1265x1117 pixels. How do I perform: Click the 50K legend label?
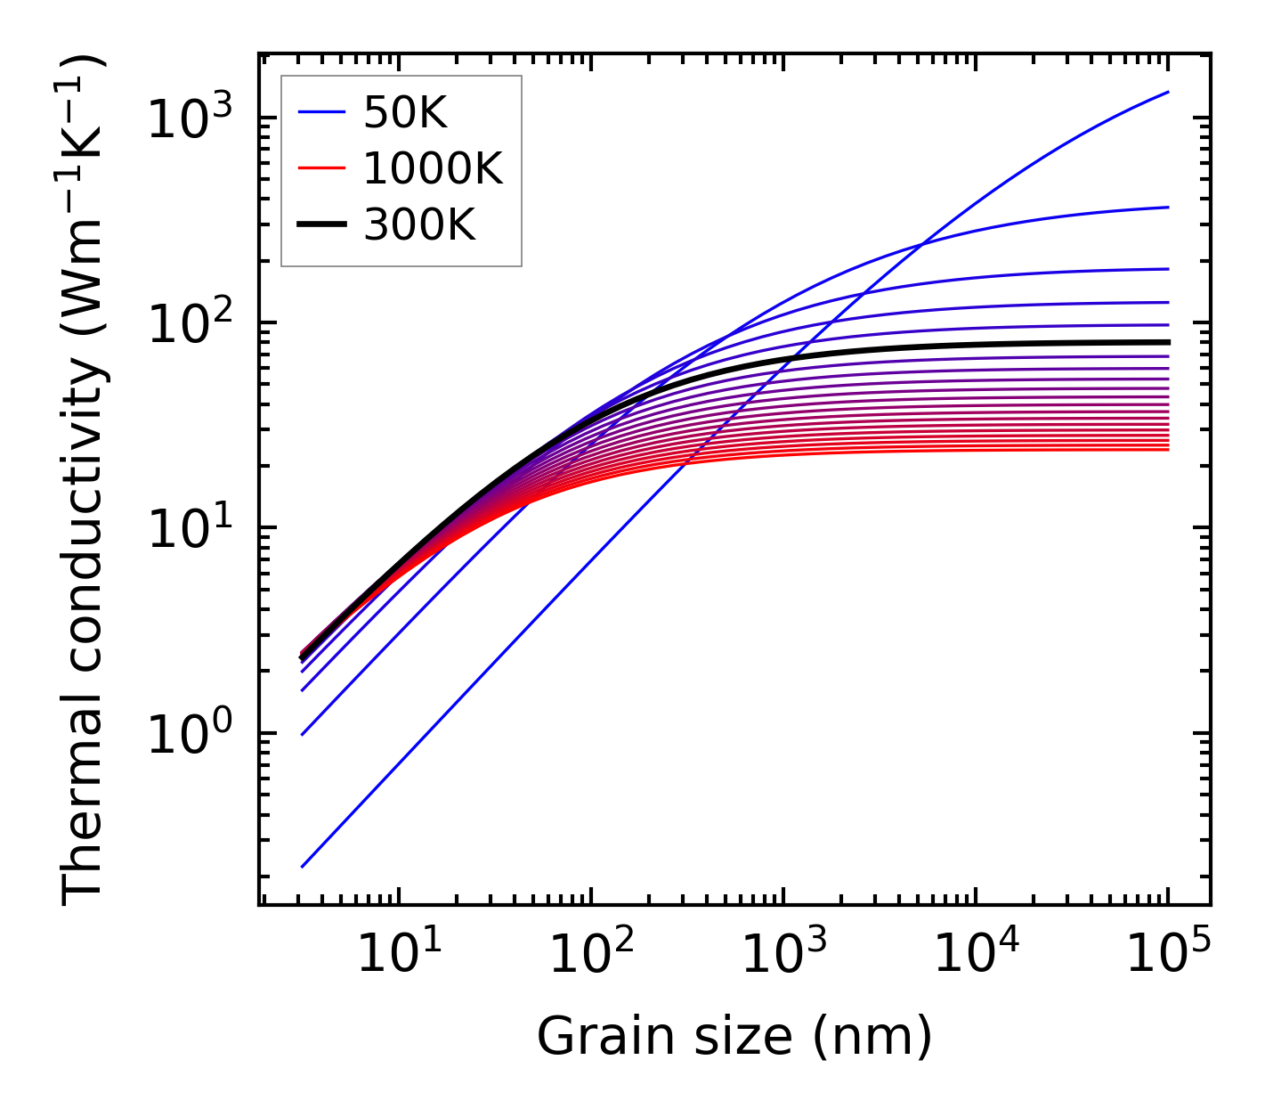405,113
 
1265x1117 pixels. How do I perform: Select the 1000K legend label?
433,169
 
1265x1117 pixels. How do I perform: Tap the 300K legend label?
419,225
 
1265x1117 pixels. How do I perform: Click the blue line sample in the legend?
320,113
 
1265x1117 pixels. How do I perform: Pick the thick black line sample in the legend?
320,225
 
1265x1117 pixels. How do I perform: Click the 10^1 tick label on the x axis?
399,954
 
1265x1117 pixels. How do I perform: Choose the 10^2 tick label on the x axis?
591,954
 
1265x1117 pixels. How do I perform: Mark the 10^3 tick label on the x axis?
783,954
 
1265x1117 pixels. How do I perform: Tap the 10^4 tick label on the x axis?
976,954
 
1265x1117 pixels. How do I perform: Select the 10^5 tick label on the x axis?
1168,954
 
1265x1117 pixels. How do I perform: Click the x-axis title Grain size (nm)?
734,1037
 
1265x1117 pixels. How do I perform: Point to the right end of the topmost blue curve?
1168,92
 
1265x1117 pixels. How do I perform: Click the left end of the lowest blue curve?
303,866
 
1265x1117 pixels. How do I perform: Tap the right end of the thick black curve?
1168,342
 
